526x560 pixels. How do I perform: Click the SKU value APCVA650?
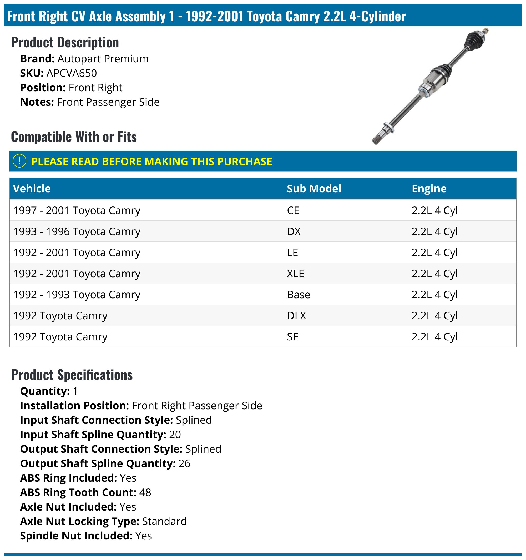coord(72,73)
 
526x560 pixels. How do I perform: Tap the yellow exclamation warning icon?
coord(19,162)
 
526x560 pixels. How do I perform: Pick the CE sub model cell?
coord(293,210)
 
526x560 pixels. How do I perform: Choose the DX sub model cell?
coord(294,231)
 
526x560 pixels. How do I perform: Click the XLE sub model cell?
coord(295,274)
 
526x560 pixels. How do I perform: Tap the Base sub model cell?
coord(299,295)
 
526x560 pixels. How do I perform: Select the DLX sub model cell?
coord(296,316)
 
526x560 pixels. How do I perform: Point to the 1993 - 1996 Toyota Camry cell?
coord(77,231)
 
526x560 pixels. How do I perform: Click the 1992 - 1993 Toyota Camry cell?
coord(77,295)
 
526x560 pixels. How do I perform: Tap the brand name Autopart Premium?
coord(103,59)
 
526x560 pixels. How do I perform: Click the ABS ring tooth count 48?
coord(145,492)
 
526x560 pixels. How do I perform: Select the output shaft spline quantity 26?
coord(184,463)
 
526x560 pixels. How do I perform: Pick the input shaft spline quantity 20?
coord(175,435)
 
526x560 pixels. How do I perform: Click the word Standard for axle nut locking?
coord(164,521)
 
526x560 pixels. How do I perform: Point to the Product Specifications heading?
coord(72,375)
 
